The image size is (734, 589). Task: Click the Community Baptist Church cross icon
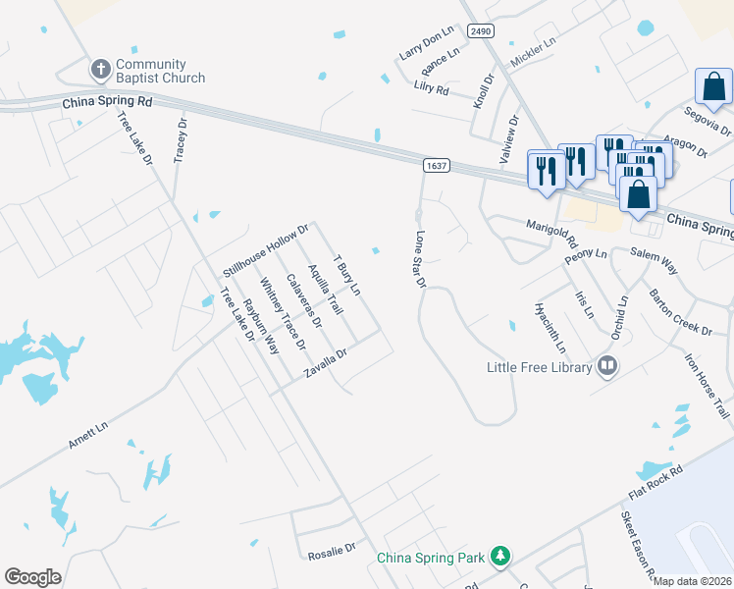coord(99,69)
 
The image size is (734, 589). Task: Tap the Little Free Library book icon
coord(607,366)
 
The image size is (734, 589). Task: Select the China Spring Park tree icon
coord(500,557)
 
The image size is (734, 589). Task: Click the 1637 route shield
coord(437,166)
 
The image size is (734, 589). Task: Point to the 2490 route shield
coord(480,31)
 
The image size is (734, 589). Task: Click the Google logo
coord(33,577)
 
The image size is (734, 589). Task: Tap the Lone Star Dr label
coord(420,259)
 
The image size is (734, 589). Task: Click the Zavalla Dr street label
coord(326,364)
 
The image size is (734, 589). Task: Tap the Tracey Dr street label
coord(181,141)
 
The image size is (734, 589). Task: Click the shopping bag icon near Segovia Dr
coord(713,88)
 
